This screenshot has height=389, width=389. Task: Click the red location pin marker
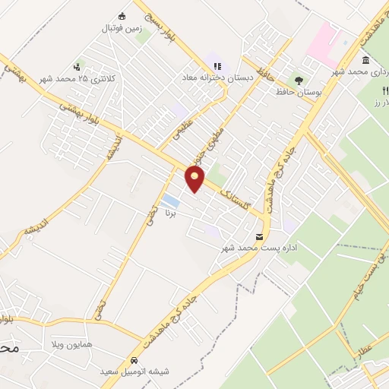click(x=196, y=179)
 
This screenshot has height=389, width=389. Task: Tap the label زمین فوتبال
click(x=122, y=28)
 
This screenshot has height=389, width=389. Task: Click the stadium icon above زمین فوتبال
click(x=122, y=16)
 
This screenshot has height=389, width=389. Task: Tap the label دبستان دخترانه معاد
click(x=210, y=77)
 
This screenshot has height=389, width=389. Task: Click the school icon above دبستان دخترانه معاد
click(x=217, y=66)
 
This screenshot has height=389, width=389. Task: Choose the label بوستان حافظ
click(x=297, y=90)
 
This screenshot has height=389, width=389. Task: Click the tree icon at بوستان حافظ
click(x=298, y=78)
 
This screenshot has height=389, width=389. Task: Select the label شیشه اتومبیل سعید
click(x=134, y=372)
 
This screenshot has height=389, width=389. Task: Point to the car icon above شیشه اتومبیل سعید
click(x=134, y=359)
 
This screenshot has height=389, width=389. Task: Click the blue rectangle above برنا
click(x=172, y=201)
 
